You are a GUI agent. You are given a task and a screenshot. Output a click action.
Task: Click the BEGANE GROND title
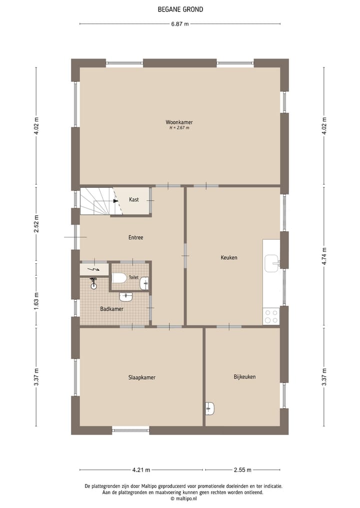pos(180,9)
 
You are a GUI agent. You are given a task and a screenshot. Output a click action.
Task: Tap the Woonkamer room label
pos(179,122)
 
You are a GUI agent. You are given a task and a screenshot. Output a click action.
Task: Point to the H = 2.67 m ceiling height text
pos(179,128)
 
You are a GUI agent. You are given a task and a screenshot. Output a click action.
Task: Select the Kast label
pos(134,199)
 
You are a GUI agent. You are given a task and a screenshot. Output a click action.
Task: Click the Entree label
pos(135,237)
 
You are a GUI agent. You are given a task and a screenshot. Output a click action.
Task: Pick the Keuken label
pos(229,258)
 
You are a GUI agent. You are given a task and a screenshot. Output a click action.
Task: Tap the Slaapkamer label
pos(141,378)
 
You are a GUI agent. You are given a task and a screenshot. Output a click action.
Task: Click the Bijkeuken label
pos(244,377)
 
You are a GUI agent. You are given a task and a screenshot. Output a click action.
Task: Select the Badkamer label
pos(111,309)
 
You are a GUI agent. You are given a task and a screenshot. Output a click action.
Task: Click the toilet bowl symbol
pos(119,278)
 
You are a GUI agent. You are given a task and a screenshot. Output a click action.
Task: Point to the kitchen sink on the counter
pos(271,262)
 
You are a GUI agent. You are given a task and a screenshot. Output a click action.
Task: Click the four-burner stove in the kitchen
pos(271,316)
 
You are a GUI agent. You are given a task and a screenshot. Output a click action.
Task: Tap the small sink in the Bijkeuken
pos(209,409)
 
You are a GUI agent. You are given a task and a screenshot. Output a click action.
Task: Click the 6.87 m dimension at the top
pos(179,23)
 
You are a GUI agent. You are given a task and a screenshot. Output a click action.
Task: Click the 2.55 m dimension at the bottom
pos(242,470)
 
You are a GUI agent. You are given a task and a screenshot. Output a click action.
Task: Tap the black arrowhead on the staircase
pos(115,201)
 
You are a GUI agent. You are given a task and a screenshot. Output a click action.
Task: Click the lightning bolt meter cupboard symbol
pos(93,269)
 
